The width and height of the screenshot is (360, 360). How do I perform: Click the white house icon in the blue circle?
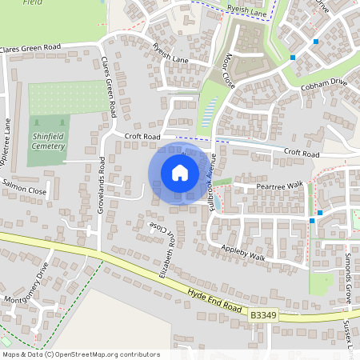(180, 172)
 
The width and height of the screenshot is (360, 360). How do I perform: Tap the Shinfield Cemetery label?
(49, 141)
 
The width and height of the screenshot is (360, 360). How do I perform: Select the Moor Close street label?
(229, 70)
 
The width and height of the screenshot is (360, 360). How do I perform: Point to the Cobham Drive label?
(323, 82)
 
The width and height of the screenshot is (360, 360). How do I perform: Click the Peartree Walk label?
(280, 186)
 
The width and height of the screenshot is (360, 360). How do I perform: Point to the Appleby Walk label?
(243, 251)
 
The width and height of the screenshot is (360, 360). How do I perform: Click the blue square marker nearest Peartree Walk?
(319, 212)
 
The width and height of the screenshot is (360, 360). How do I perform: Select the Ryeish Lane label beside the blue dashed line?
(245, 10)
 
